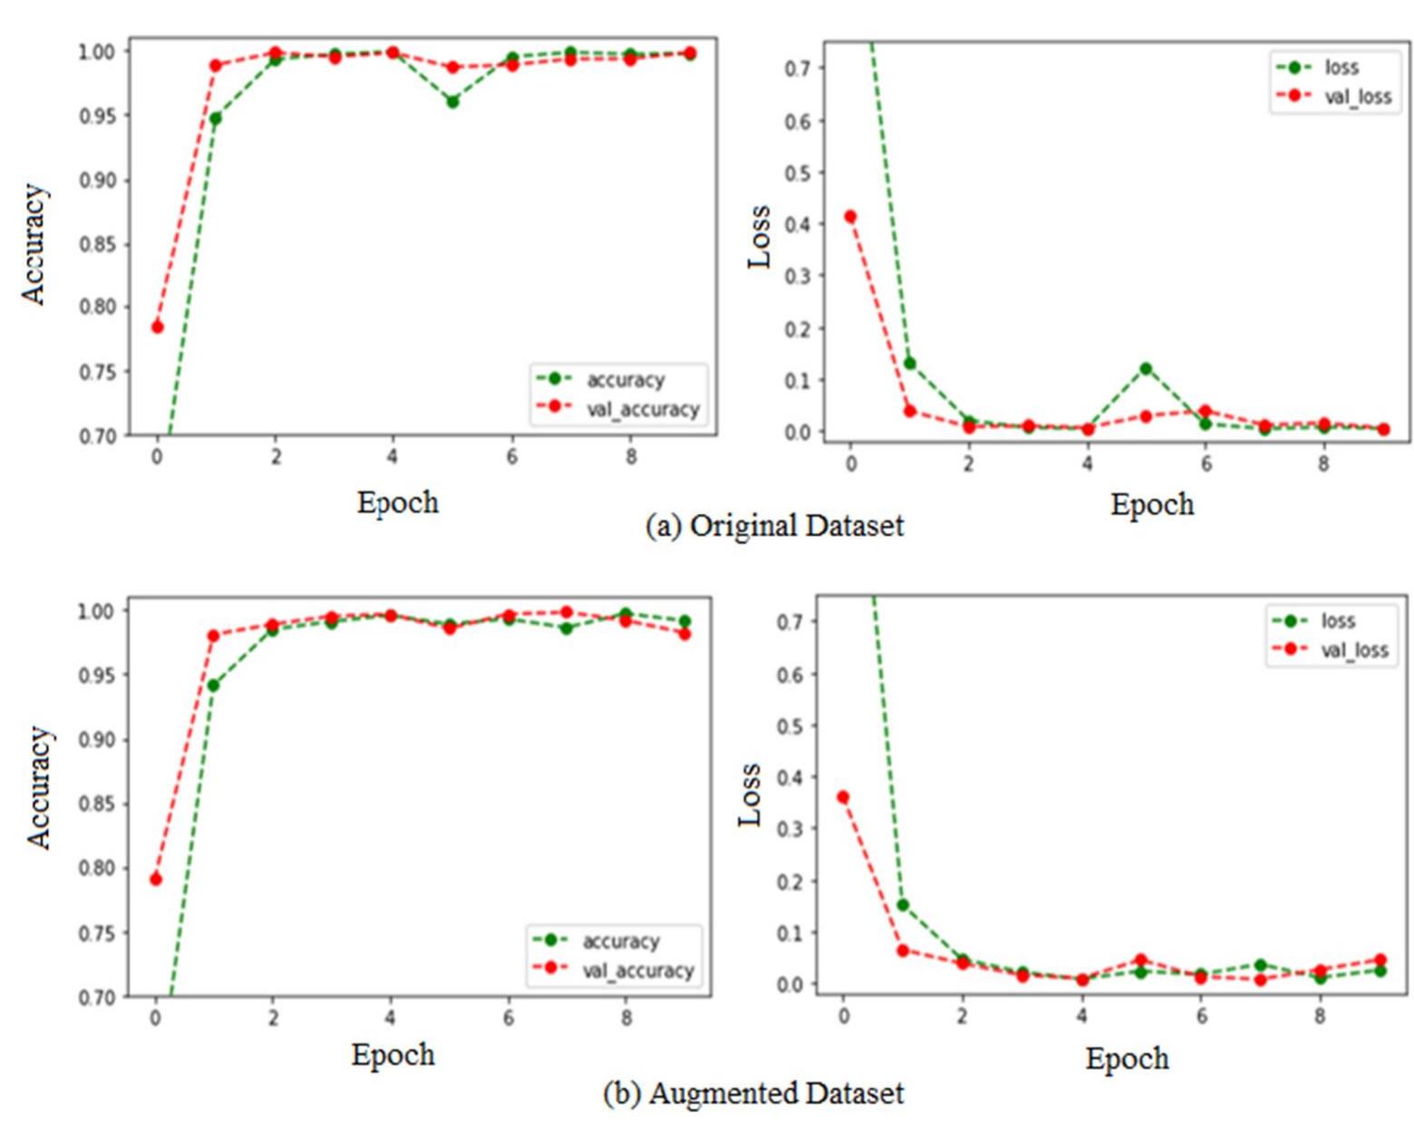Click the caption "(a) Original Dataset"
point(774,526)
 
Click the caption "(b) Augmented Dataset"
point(753,1093)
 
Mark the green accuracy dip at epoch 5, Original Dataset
point(452,102)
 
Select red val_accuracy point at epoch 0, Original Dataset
point(157,326)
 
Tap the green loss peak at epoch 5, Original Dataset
point(1146,369)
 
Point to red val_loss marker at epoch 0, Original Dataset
point(850,217)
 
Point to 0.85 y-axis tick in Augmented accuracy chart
point(97,804)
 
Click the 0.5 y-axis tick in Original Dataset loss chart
point(798,172)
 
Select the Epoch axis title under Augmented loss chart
point(1127,1059)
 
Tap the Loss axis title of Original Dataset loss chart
point(760,237)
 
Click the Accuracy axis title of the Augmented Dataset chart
point(38,787)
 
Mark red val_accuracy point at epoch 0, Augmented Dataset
point(156,879)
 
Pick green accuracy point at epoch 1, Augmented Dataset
point(213,685)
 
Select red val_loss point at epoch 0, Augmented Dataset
point(843,797)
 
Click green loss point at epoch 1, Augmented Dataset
point(902,905)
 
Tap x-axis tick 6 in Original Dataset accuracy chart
point(511,457)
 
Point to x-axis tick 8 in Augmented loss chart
point(1320,1017)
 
